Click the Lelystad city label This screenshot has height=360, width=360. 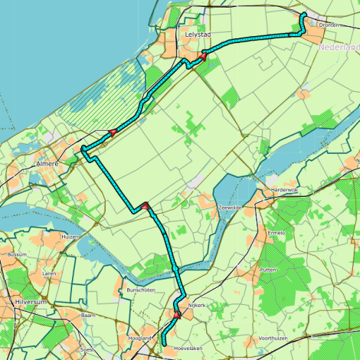198,34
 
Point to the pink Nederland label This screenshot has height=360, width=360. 338,47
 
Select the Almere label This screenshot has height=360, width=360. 47,164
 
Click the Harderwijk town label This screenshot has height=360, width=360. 280,190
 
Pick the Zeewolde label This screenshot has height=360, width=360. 230,208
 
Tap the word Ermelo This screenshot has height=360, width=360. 275,233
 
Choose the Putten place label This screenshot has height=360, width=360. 268,270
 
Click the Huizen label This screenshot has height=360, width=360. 70,237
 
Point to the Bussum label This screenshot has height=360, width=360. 17,254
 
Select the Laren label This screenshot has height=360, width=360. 50,273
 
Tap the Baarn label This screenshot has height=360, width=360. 87,315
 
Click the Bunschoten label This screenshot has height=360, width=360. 141,291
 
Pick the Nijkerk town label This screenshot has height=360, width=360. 198,305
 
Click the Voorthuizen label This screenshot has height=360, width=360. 273,338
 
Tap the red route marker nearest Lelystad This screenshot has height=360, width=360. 203,56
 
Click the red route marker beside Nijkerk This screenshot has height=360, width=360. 177,314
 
